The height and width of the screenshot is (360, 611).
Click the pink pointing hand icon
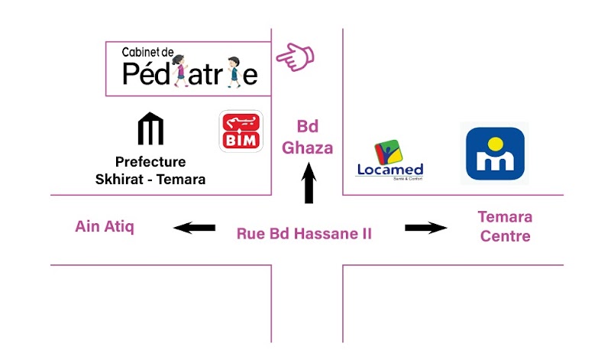tap(296, 57)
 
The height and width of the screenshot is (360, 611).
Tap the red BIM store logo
tap(241, 132)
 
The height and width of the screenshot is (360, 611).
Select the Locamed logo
tap(390, 160)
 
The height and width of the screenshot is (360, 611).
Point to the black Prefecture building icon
tap(150, 129)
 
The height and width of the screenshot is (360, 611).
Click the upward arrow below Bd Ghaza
tap(309, 186)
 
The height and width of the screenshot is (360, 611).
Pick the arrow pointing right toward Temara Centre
tap(425, 227)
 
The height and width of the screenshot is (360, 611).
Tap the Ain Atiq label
tap(105, 227)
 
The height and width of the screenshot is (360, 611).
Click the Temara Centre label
tap(505, 226)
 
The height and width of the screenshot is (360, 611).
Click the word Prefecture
tap(150, 162)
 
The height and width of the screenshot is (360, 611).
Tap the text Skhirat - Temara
tap(150, 180)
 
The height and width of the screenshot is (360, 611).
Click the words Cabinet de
tap(148, 53)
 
